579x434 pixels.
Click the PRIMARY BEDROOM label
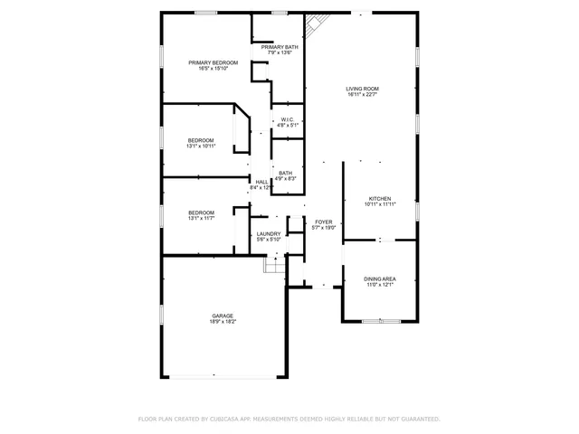click(206, 62)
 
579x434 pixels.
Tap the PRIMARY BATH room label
click(280, 46)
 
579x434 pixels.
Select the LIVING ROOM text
click(362, 88)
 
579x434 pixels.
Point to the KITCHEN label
click(380, 198)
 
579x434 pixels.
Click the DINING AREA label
click(380, 278)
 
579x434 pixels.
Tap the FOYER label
click(324, 222)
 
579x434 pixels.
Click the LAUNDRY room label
click(269, 233)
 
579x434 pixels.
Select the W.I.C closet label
click(287, 119)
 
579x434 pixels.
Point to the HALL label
click(261, 182)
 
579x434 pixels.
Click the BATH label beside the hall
click(285, 173)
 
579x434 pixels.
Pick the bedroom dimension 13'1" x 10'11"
click(201, 146)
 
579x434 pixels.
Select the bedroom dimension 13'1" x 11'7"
click(201, 218)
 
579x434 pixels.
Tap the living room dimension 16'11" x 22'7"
click(362, 94)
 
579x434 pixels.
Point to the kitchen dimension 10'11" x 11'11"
click(380, 204)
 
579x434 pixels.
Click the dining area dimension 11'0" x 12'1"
click(380, 285)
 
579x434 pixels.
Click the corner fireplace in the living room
click(314, 25)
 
